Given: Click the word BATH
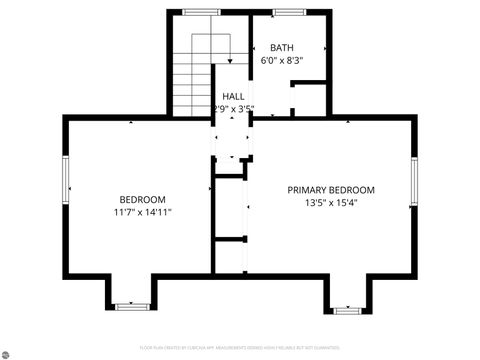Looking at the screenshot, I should point(282,47).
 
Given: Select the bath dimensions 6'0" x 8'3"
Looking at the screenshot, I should point(282,60).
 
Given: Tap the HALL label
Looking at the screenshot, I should point(233,96).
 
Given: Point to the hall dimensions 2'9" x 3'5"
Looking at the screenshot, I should point(233,109).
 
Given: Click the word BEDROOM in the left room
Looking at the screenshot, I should point(143,199).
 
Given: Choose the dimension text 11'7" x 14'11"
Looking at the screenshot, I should point(143,212).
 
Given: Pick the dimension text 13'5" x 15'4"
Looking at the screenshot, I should point(331,203).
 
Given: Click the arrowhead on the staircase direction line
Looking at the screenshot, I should point(231,60).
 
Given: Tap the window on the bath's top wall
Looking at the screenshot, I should point(289,12).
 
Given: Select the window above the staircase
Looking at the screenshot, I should point(201,12).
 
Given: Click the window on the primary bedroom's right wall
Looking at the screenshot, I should point(413,181).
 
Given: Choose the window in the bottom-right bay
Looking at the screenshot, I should point(347,311).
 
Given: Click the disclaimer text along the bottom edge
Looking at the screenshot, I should point(239,348).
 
